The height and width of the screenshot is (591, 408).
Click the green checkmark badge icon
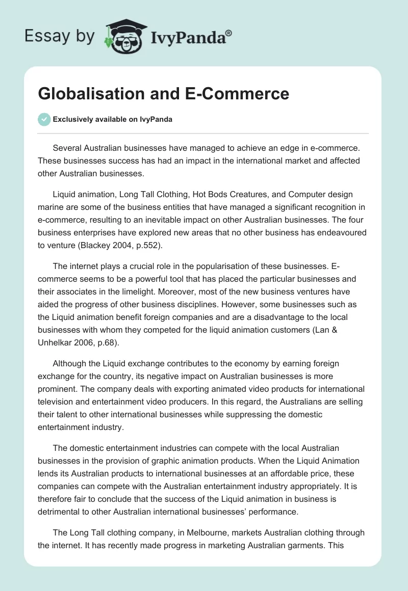[x=44, y=119]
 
